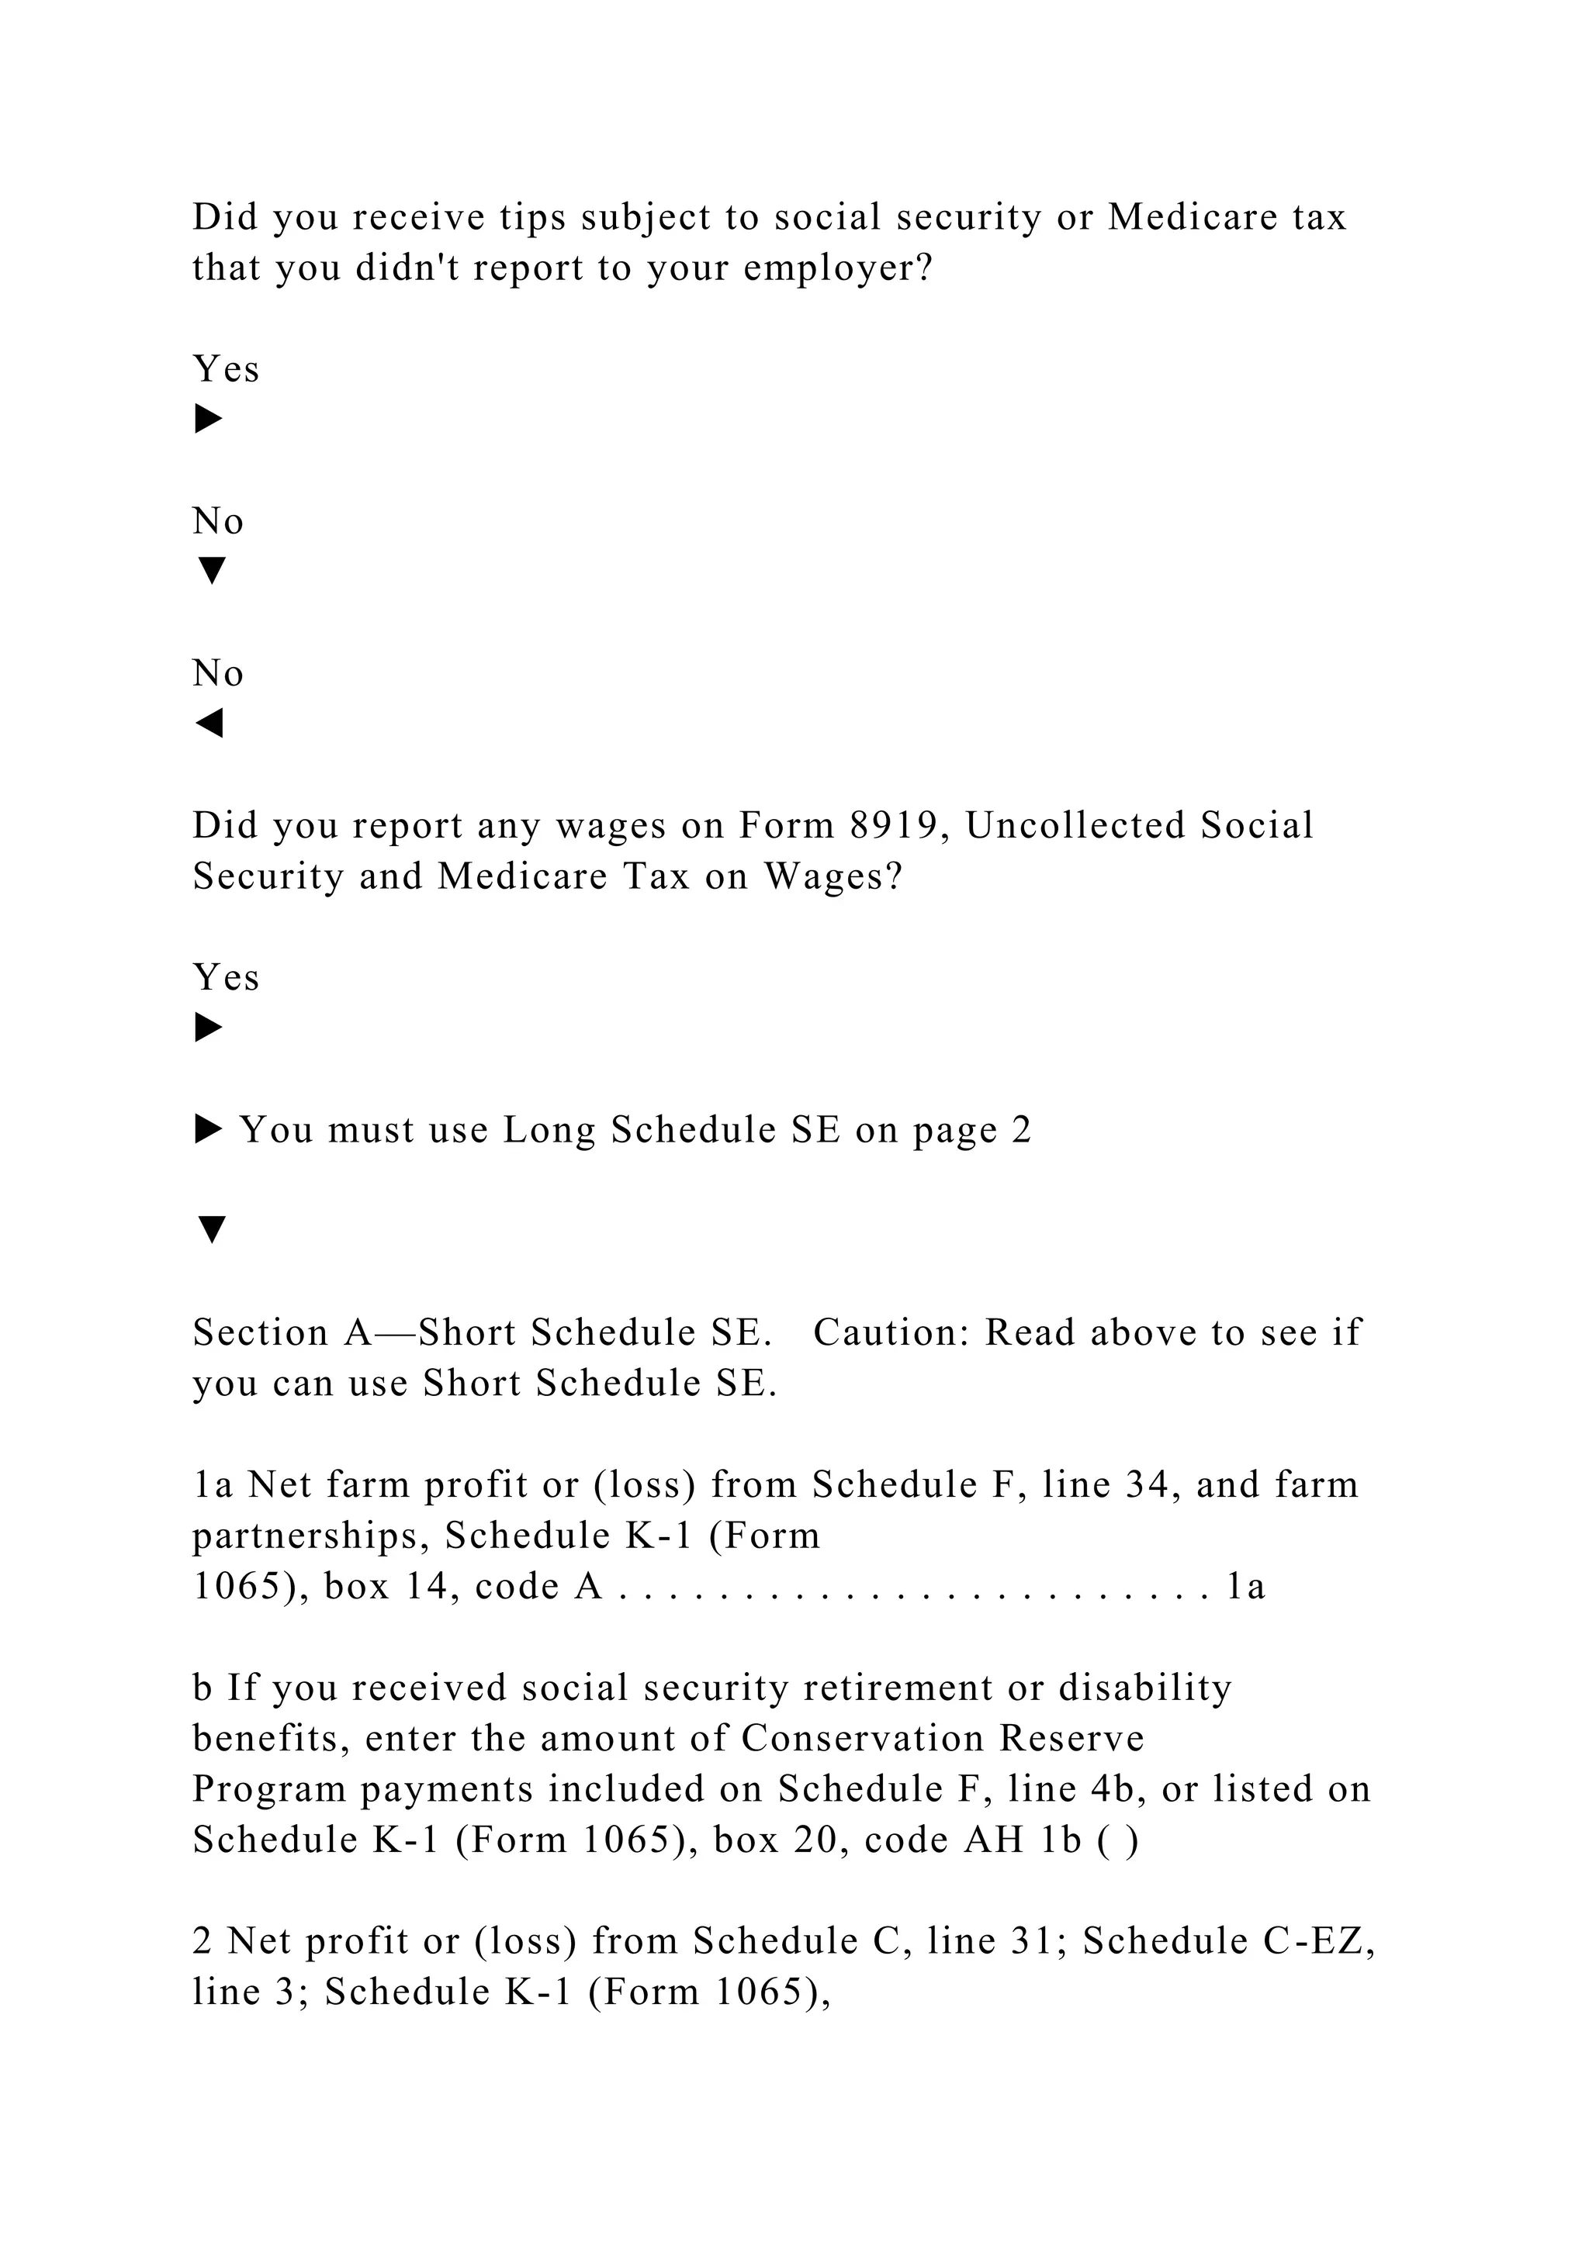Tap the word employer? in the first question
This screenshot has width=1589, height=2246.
(x=839, y=268)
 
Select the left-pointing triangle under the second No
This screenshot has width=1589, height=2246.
(x=209, y=724)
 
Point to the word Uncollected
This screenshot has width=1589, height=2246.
(x=1075, y=826)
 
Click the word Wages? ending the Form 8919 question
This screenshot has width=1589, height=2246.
(x=833, y=876)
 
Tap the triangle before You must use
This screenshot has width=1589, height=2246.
(x=209, y=1131)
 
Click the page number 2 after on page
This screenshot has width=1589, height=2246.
(x=1022, y=1130)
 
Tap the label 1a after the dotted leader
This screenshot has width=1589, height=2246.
(x=1245, y=1587)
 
